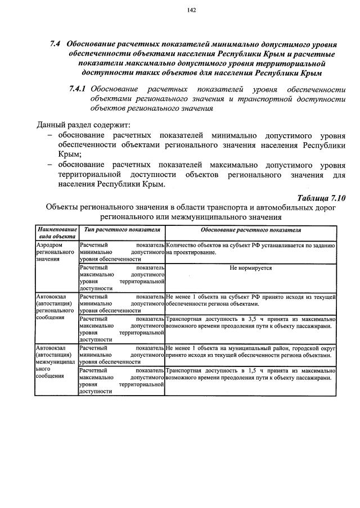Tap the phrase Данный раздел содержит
(83, 124)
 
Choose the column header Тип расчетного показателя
(121, 230)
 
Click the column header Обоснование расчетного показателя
(251, 230)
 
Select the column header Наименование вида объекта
(56, 234)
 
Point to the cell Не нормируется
(251, 268)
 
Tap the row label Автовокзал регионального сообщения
(56, 307)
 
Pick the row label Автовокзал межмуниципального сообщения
(56, 363)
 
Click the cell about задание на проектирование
(251, 250)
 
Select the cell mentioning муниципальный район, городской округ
(251, 352)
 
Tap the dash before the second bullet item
(51, 165)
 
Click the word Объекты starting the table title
(62, 207)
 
